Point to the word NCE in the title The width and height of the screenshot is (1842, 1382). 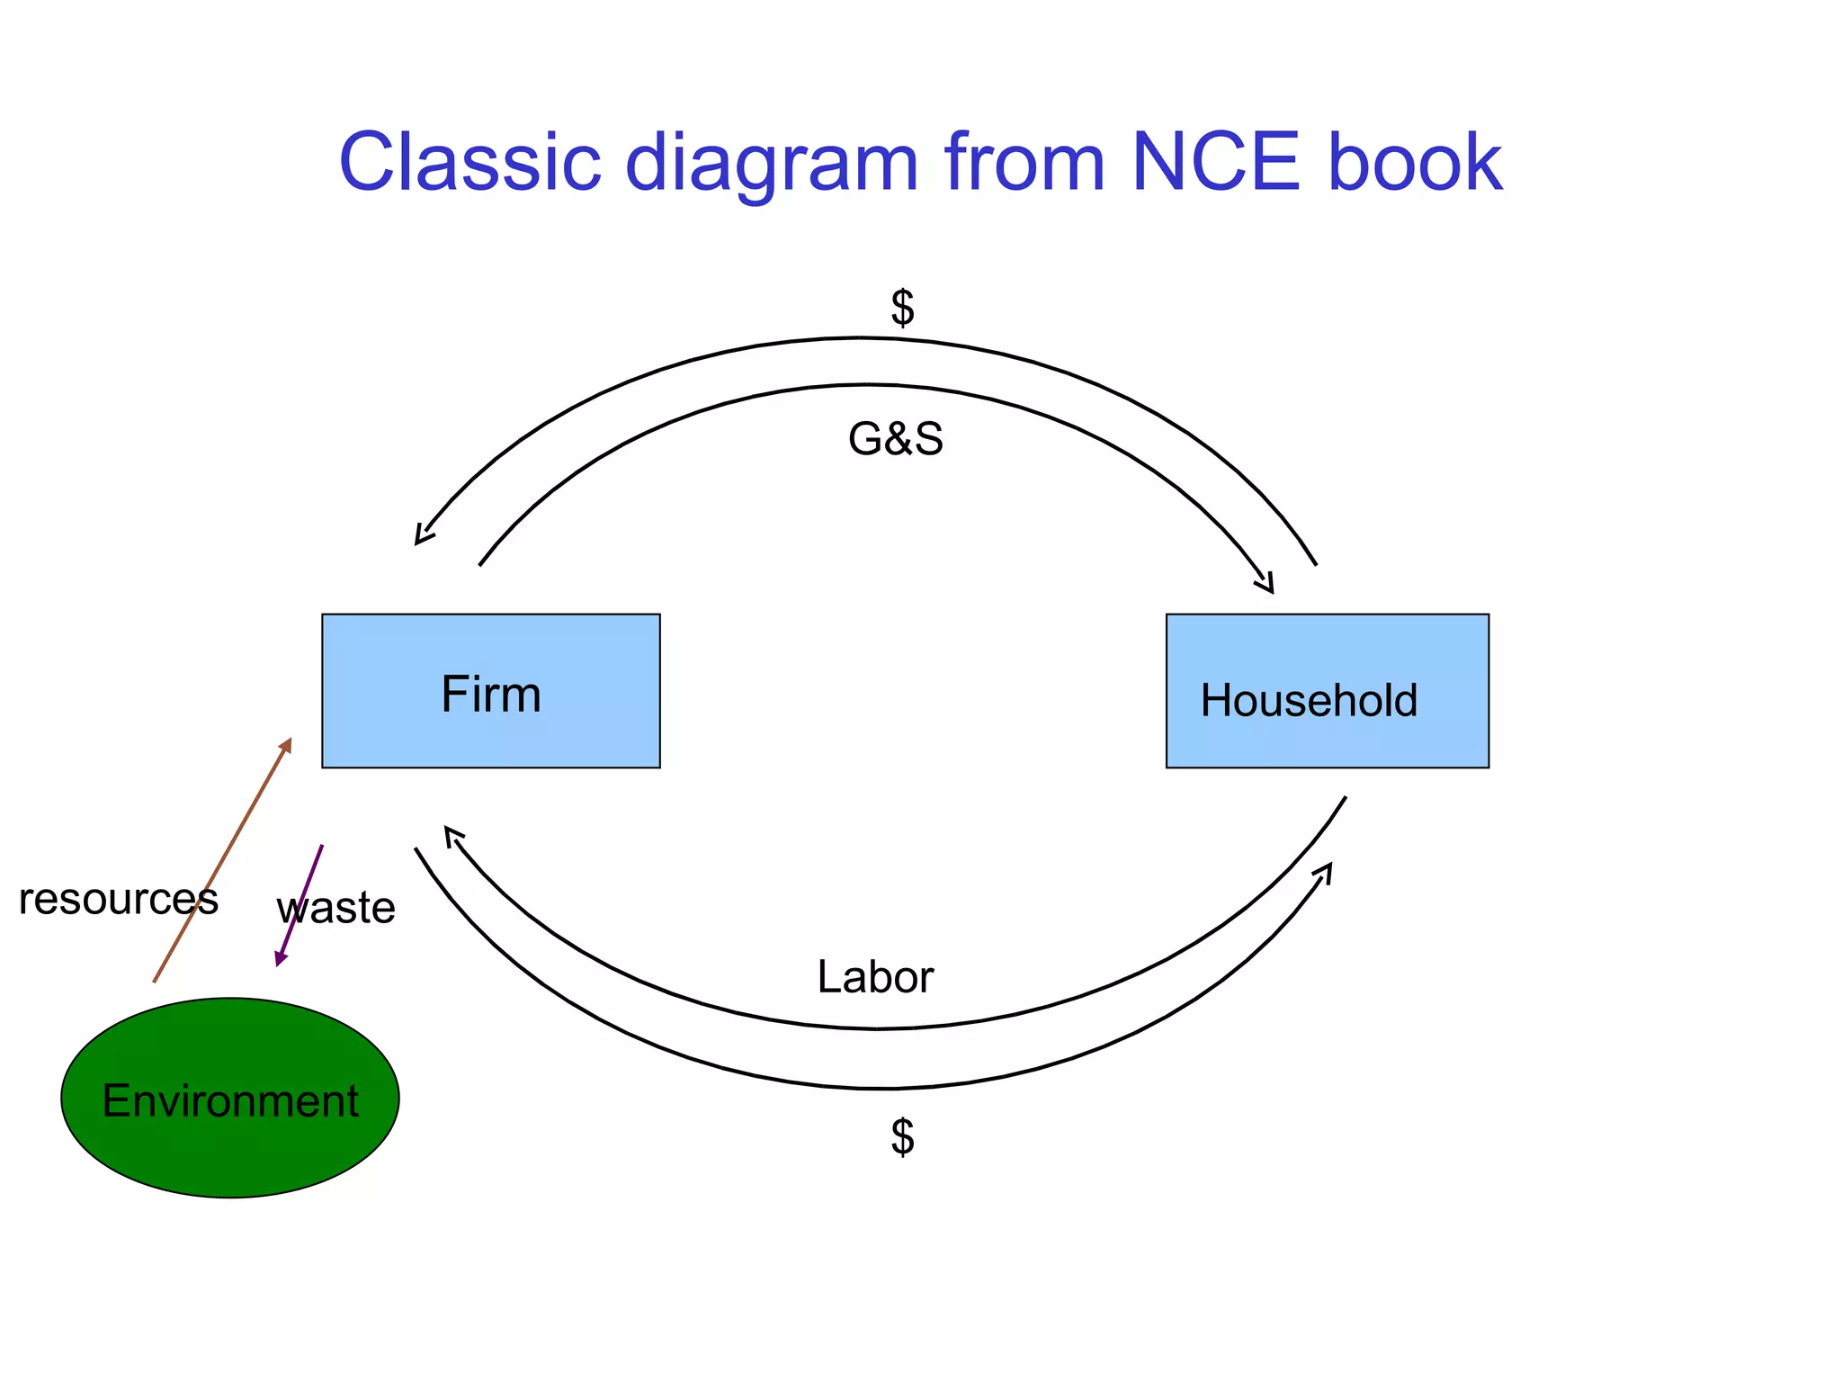point(1215,163)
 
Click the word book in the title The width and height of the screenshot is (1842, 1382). point(1415,163)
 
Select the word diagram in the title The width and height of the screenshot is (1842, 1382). point(772,166)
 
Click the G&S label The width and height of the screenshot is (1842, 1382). point(896,440)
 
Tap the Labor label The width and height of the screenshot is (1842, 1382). point(875,977)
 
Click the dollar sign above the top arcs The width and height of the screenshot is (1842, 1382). point(902,308)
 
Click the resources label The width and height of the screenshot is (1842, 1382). point(118,899)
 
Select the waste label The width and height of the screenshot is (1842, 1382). point(335,908)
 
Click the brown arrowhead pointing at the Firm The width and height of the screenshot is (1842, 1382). point(287,743)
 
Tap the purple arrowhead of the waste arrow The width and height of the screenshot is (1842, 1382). point(280,960)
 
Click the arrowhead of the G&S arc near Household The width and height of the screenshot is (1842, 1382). point(1266,585)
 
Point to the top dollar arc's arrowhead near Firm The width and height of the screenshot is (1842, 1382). point(421,537)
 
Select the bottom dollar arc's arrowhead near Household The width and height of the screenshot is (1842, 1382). point(1326,870)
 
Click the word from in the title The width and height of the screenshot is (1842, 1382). point(1024,163)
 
